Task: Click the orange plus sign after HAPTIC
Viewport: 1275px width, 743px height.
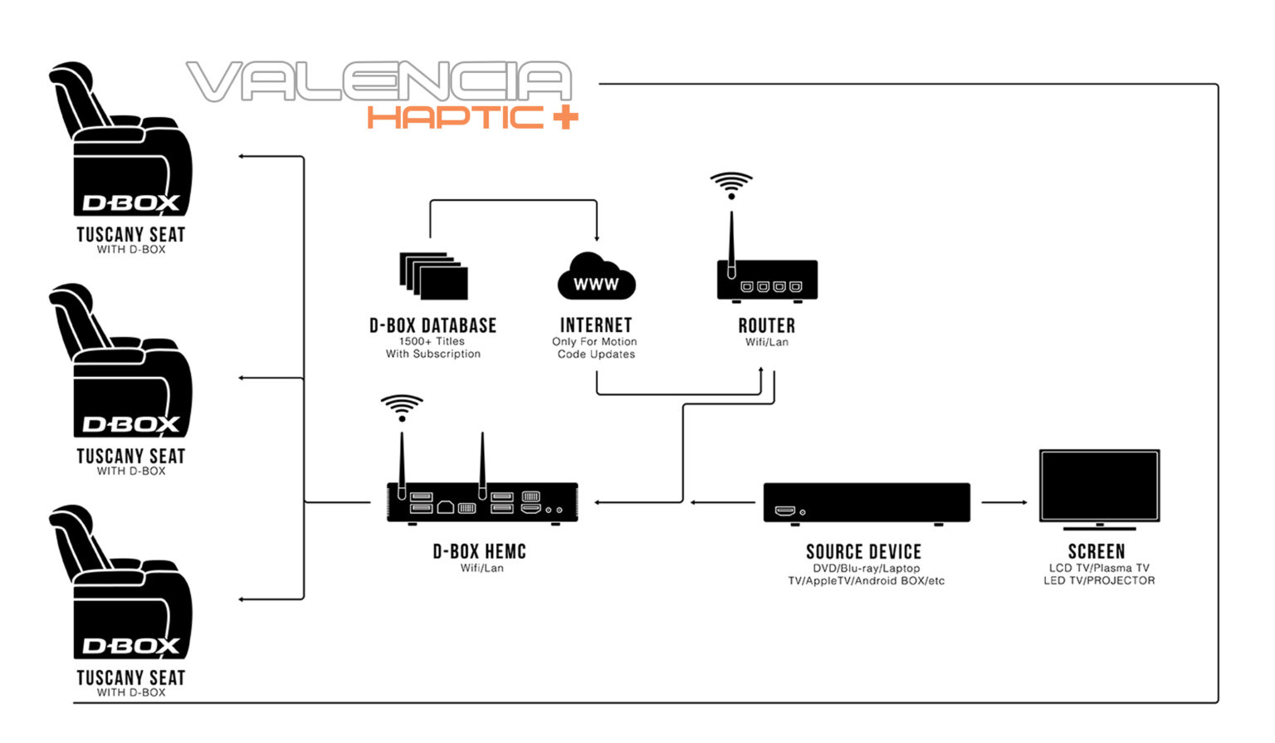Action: click(564, 118)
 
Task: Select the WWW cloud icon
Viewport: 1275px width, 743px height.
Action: click(596, 277)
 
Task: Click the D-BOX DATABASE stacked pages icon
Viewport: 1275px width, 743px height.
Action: click(433, 276)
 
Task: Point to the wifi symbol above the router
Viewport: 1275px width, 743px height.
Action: click(731, 184)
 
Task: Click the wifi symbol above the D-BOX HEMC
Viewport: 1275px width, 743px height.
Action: click(402, 407)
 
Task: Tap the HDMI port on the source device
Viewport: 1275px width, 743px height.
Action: click(784, 511)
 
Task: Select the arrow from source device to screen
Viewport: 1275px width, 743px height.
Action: click(1004, 502)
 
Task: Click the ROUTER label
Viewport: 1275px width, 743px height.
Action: click(766, 325)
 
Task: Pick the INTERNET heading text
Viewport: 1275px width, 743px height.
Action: click(596, 325)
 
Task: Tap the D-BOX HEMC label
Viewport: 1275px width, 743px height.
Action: click(480, 551)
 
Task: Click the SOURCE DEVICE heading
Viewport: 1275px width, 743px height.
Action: click(863, 552)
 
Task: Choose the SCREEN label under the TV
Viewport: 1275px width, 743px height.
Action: click(1097, 551)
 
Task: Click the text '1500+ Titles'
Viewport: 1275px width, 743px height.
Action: click(432, 341)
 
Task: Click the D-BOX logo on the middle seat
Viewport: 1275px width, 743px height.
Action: click(131, 425)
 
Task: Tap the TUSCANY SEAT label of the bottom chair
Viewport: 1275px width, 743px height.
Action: click(131, 677)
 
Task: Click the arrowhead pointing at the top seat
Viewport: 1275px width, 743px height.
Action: click(242, 156)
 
